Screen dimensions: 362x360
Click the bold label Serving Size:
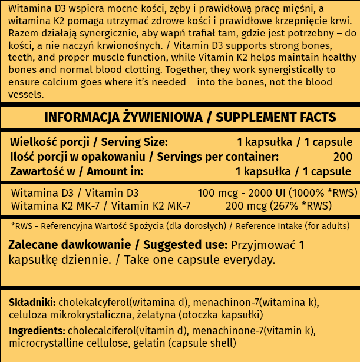click(134, 142)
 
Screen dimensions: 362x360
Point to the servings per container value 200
click(342, 157)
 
